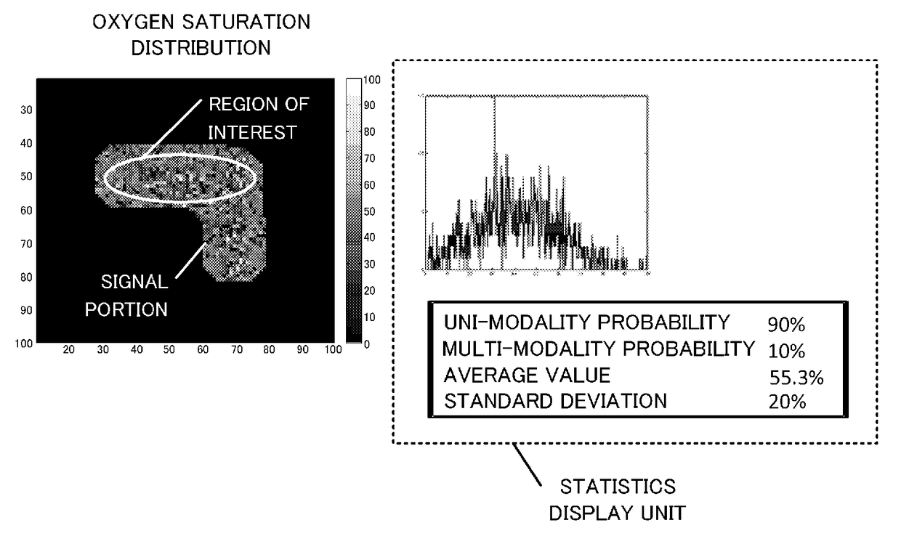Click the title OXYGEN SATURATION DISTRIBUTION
point(201,35)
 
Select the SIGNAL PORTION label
point(126,295)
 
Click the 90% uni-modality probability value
point(787,324)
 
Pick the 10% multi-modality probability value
point(787,351)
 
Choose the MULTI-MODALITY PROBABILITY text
point(598,349)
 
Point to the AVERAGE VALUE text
point(528,375)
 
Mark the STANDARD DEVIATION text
point(555,401)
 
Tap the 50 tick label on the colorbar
point(370,211)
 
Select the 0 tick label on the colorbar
point(367,344)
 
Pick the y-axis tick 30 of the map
point(22,109)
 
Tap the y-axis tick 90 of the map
point(22,309)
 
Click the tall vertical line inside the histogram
point(495,182)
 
